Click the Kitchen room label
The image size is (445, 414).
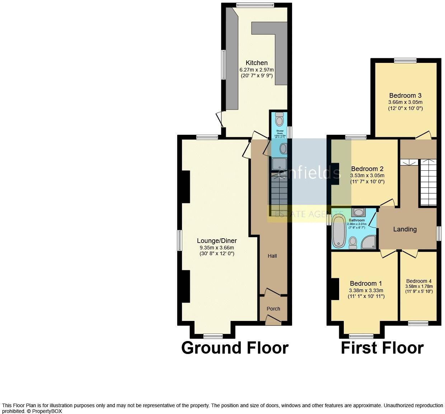[x=257, y=63]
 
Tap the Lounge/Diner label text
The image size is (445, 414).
[x=217, y=241]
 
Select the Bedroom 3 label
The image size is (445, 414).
[x=405, y=96]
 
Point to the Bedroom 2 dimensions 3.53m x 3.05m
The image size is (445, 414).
[x=367, y=176]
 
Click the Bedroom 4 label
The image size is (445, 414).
[x=419, y=281]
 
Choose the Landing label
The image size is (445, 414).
[x=405, y=229]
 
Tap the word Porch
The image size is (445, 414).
[x=273, y=309]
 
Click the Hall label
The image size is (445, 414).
[x=272, y=256]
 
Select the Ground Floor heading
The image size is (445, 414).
[x=235, y=348]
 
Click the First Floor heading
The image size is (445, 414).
[x=382, y=348]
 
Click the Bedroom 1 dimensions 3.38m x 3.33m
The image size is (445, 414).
[x=366, y=290]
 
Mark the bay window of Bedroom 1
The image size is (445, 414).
[x=361, y=336]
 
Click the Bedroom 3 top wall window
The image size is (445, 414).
[x=405, y=60]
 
